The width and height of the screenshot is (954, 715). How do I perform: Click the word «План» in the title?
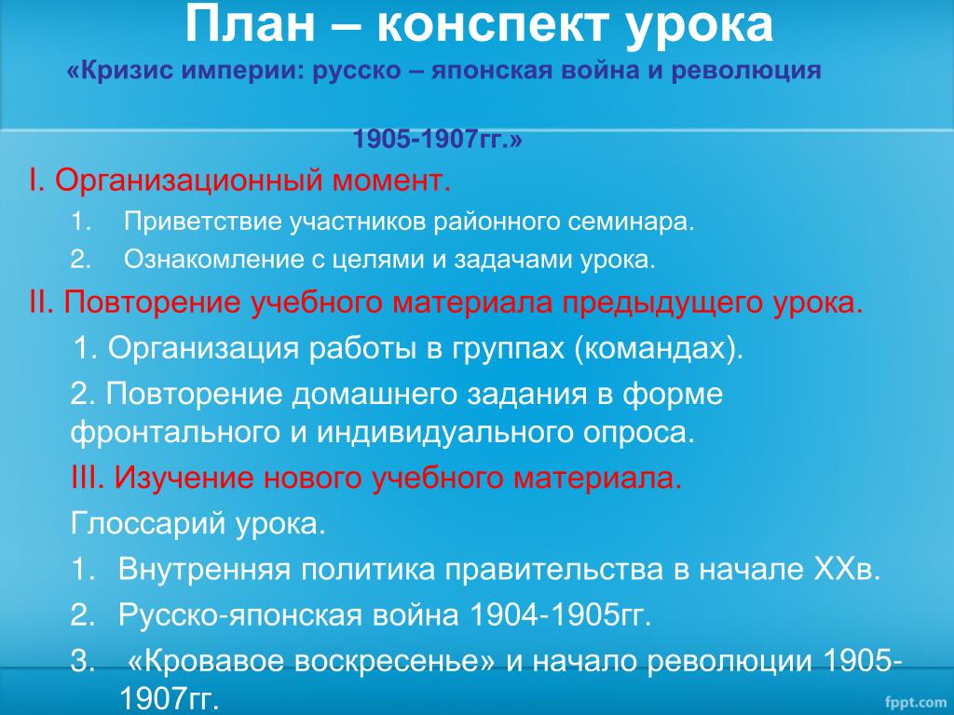tap(251, 24)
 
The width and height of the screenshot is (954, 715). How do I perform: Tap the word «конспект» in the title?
tap(493, 26)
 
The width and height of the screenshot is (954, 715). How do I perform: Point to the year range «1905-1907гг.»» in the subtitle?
tap(438, 140)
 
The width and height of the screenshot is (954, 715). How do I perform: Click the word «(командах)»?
tap(659, 348)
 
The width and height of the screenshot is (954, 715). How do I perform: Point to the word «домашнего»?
tap(375, 395)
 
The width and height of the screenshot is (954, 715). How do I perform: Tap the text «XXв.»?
tap(847, 569)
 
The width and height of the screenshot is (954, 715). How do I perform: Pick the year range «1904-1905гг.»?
tap(561, 614)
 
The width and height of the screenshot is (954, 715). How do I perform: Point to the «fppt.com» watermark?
tap(915, 702)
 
